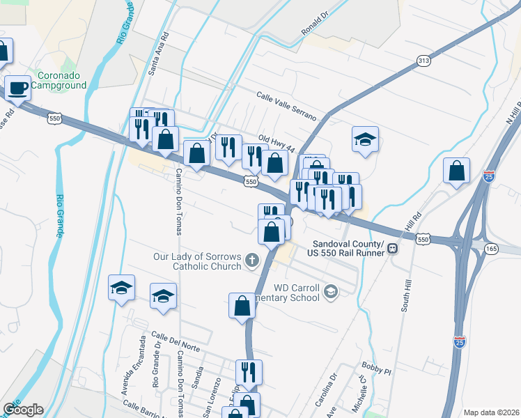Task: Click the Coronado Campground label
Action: pyautogui.click(x=52, y=79)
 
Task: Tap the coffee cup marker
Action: pyautogui.click(x=18, y=88)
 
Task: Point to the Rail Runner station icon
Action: pyautogui.click(x=394, y=248)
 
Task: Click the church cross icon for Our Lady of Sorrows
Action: pyautogui.click(x=251, y=261)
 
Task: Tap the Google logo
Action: pyautogui.click(x=22, y=410)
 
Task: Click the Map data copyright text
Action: pyautogui.click(x=492, y=412)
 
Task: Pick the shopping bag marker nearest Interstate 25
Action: pyautogui.click(x=456, y=171)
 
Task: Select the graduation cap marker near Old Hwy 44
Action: pyautogui.click(x=365, y=139)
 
